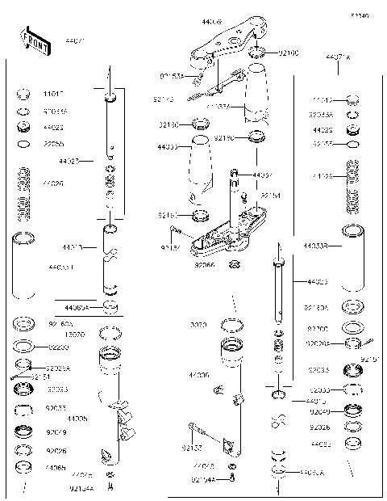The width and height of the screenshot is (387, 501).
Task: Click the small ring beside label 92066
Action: click(x=235, y=264)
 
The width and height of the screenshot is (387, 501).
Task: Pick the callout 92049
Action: click(x=321, y=410)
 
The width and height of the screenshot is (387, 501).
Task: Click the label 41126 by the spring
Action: click(x=322, y=175)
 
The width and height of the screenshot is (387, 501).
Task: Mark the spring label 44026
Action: click(x=52, y=183)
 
